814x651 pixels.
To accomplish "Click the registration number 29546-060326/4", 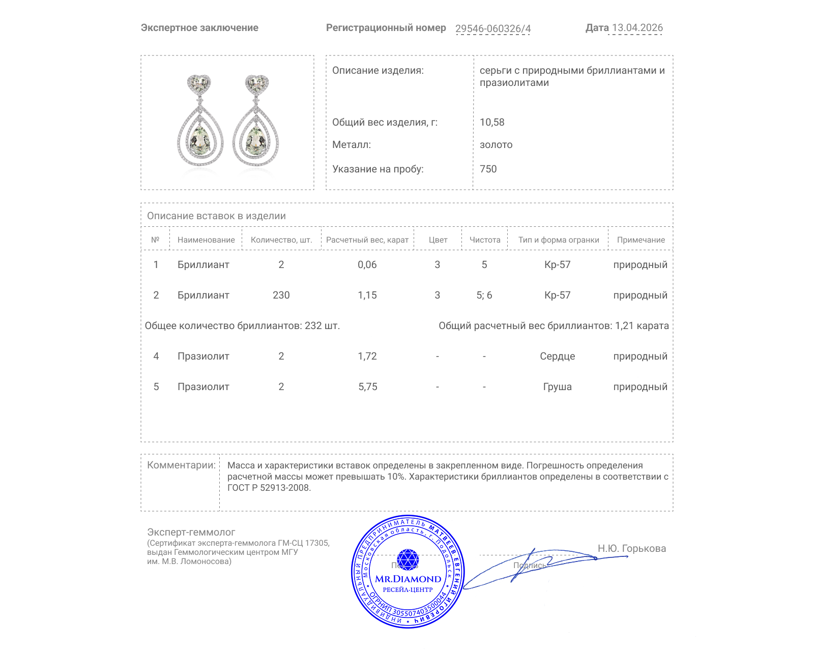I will pyautogui.click(x=492, y=28).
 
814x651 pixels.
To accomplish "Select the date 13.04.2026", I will pyautogui.click(x=637, y=28).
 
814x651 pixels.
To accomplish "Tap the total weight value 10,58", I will pyautogui.click(x=492, y=122).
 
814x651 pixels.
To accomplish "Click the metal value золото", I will pyautogui.click(x=496, y=144).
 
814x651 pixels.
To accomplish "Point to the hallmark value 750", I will pyautogui.click(x=488, y=169).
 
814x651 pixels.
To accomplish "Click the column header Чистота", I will pyautogui.click(x=485, y=240).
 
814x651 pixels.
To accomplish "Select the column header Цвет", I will pyautogui.click(x=438, y=240).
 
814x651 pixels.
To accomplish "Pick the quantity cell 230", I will pyautogui.click(x=281, y=295).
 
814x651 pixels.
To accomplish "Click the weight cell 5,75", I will pyautogui.click(x=367, y=387).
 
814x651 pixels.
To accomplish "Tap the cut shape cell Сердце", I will pyautogui.click(x=557, y=356).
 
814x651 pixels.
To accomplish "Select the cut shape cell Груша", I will pyautogui.click(x=557, y=387).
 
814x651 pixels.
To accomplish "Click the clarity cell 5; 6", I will pyautogui.click(x=484, y=295).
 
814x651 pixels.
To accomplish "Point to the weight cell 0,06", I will pyautogui.click(x=367, y=264).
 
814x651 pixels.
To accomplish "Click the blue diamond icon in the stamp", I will pyautogui.click(x=408, y=559).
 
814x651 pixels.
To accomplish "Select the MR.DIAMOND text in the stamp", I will pyautogui.click(x=408, y=579).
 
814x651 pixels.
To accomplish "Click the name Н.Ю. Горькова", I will pyautogui.click(x=631, y=548).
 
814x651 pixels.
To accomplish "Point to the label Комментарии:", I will pyautogui.click(x=181, y=465).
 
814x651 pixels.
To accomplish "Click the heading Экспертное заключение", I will pyautogui.click(x=199, y=28).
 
